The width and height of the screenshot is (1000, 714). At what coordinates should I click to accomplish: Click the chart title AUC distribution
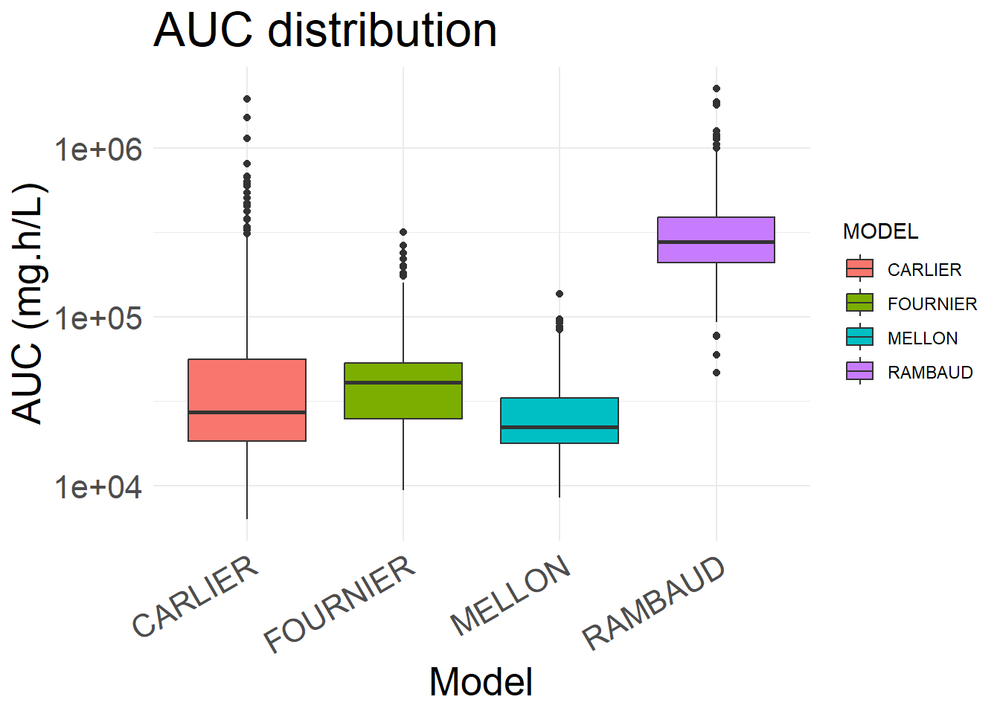325,30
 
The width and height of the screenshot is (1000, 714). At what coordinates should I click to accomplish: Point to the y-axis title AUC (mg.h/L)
30,303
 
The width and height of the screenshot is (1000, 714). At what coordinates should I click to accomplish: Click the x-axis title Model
481,681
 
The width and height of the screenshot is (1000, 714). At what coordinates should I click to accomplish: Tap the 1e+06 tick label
97,149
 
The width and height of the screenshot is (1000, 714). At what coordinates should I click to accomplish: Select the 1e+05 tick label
97,318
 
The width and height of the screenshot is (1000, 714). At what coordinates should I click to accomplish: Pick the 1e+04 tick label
97,487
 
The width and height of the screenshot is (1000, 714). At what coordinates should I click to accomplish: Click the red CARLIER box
247,387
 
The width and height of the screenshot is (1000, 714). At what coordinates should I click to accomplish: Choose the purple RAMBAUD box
716,231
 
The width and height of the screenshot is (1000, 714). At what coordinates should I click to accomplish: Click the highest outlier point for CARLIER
247,99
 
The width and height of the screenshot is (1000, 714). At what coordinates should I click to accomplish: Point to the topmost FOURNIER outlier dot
403,232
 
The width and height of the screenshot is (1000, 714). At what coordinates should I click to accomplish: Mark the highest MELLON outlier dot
560,294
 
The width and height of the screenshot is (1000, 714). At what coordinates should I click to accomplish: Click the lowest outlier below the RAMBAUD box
716,373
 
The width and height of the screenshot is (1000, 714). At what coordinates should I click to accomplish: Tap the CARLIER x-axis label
195,596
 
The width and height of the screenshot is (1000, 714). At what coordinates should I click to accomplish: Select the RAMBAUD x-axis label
653,603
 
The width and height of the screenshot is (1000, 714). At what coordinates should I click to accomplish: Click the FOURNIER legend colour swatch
859,303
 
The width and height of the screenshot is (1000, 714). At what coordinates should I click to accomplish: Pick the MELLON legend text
923,338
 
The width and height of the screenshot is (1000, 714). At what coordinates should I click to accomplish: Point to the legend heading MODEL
880,231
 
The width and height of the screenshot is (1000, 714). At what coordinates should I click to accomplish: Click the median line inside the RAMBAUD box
716,242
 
